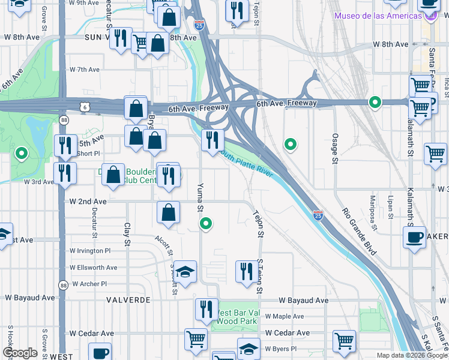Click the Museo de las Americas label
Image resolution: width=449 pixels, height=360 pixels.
[378, 16]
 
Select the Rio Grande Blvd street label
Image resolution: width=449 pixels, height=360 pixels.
[359, 231]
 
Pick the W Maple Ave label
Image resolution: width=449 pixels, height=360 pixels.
[285, 316]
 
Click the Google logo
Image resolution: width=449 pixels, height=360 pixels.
[20, 353]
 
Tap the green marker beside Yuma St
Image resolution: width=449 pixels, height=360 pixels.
[206, 224]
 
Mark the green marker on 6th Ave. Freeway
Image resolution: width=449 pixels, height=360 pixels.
[375, 103]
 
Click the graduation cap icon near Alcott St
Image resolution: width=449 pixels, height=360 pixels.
[186, 271]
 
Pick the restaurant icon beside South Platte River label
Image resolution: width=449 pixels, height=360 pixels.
[212, 140]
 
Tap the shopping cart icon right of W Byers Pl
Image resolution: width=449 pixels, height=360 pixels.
[344, 340]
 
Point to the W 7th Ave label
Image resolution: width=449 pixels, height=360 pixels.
[85, 70]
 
